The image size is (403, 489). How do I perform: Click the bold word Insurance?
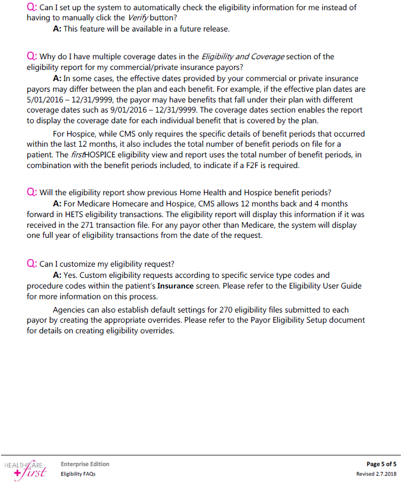click(175, 286)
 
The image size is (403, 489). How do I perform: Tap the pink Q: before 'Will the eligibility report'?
click(31, 193)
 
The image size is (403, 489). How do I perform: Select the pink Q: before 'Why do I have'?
click(31, 56)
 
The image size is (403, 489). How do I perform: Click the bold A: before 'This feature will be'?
click(57, 29)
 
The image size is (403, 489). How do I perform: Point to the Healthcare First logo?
click(25, 469)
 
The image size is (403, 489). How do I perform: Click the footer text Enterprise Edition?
click(85, 464)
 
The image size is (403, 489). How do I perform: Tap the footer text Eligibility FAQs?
click(78, 474)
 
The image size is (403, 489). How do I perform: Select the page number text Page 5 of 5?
click(382, 464)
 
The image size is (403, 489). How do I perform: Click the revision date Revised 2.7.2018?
click(376, 474)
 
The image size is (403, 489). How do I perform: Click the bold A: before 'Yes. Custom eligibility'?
click(57, 275)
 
